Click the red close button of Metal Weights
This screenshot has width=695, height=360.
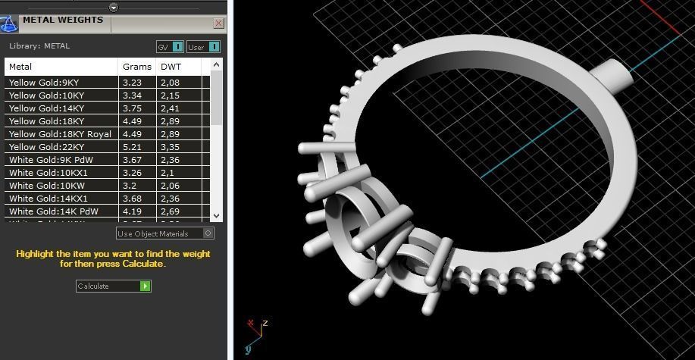pyautogui.click(x=218, y=23)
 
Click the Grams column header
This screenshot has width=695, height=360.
pyautogui.click(x=136, y=67)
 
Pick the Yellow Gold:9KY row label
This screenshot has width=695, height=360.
pyautogui.click(x=44, y=82)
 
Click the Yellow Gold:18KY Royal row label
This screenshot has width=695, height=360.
pyautogui.click(x=60, y=134)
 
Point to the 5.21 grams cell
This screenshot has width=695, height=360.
pyautogui.click(x=132, y=147)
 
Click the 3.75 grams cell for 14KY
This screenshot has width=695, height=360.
pyautogui.click(x=132, y=108)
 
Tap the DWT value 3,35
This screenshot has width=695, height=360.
pyautogui.click(x=170, y=147)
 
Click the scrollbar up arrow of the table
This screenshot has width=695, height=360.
pyautogui.click(x=217, y=66)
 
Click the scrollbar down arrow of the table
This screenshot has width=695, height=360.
pyautogui.click(x=217, y=215)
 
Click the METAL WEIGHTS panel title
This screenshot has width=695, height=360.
pyautogui.click(x=63, y=20)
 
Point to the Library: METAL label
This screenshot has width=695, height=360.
pyautogui.click(x=39, y=46)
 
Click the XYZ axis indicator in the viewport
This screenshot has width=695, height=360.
pyautogui.click(x=255, y=331)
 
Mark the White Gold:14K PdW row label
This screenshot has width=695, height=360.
pyautogui.click(x=54, y=211)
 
